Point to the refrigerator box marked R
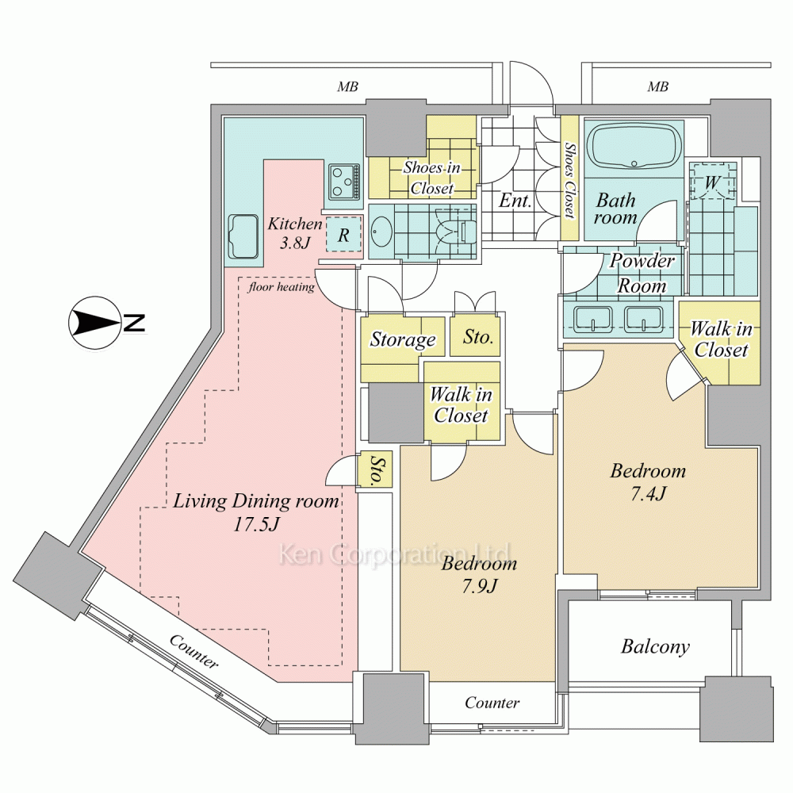[x=343, y=235]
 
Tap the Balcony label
[x=655, y=647]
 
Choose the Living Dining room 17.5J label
[x=256, y=511]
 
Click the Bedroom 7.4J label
[x=648, y=481]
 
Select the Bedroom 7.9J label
[x=479, y=575]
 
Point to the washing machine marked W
[x=712, y=183]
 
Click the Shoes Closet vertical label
[x=569, y=179]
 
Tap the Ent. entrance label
[x=515, y=201]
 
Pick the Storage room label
[x=403, y=340]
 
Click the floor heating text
[x=282, y=287]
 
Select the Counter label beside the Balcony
[x=492, y=703]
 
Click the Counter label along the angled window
[x=194, y=650]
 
